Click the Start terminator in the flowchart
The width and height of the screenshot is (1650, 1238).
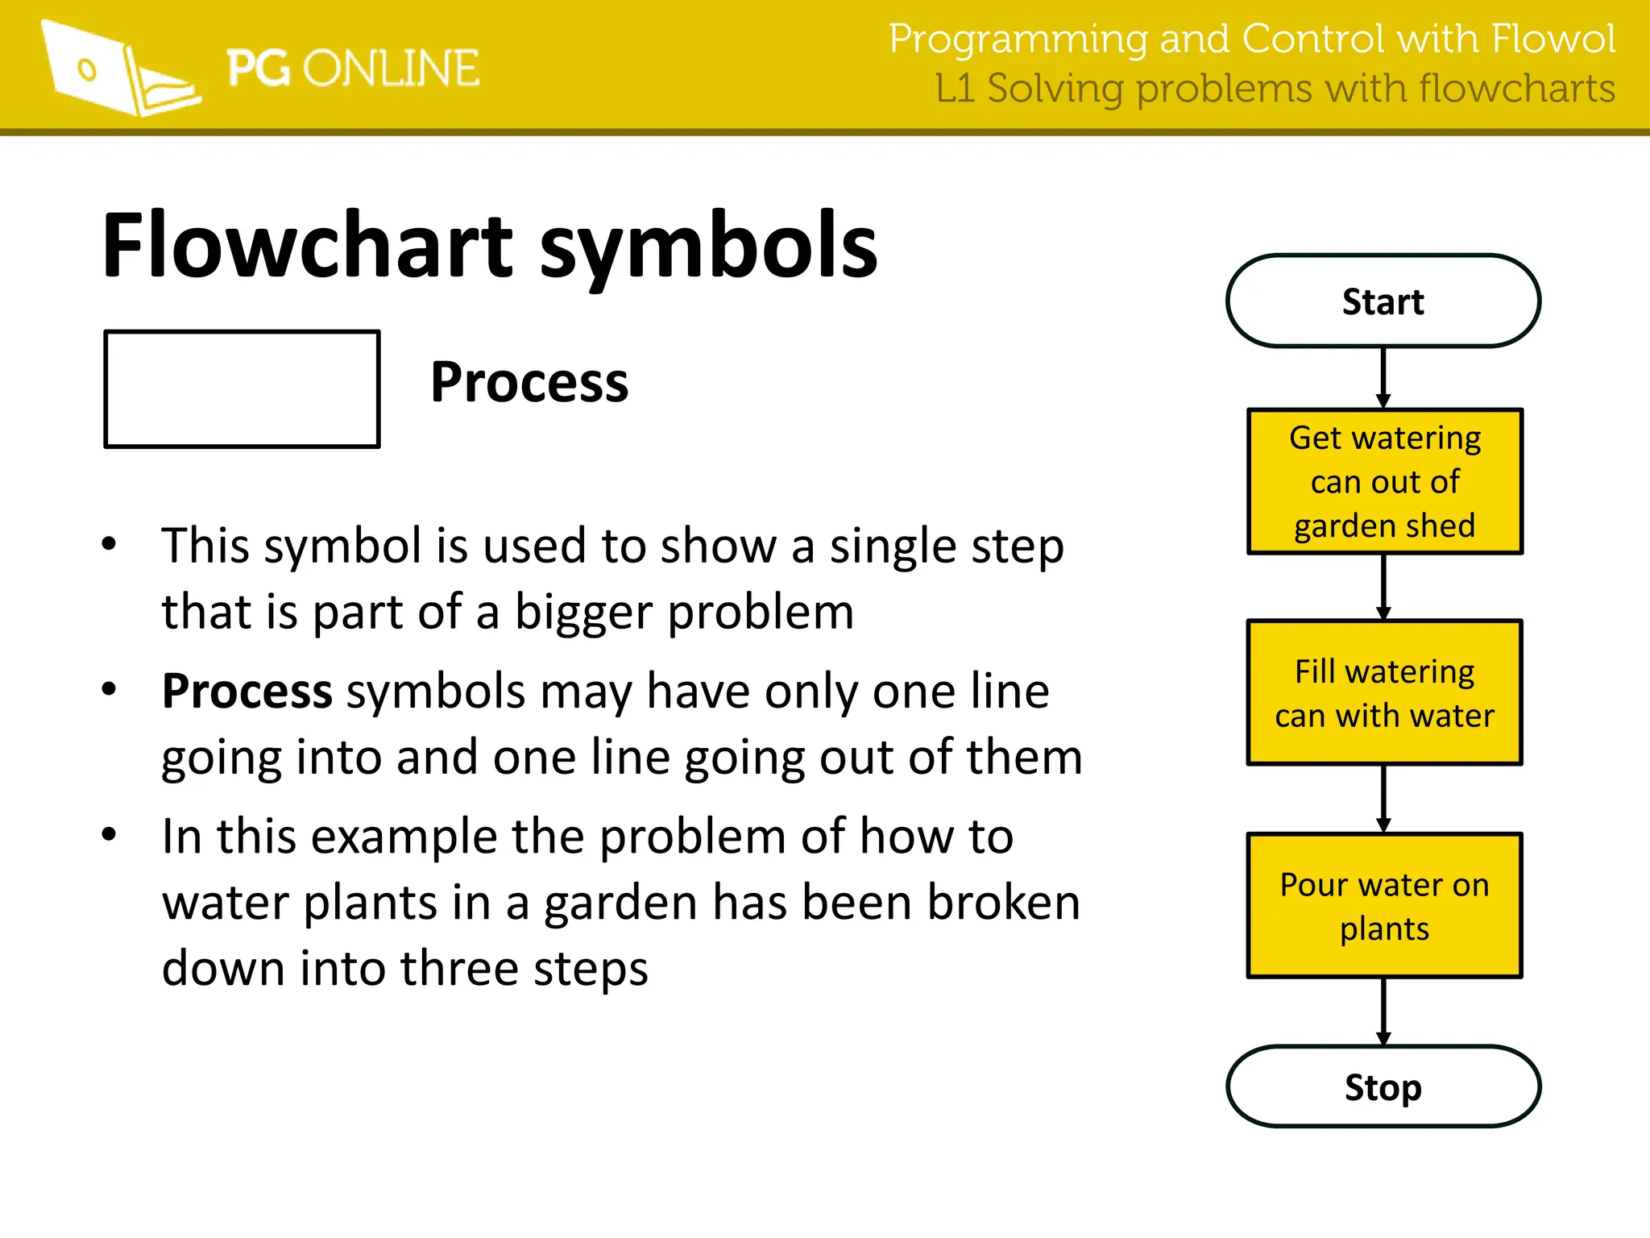(x=1383, y=301)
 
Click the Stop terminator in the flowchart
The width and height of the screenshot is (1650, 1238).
(x=1383, y=1087)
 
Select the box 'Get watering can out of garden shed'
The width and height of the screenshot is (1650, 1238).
(x=1384, y=481)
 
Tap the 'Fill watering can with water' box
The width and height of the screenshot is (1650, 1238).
(x=1384, y=692)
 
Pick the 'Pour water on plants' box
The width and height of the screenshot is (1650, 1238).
(x=1384, y=906)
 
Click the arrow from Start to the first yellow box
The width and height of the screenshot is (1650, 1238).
(x=1383, y=377)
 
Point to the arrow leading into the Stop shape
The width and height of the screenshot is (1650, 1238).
(x=1383, y=1012)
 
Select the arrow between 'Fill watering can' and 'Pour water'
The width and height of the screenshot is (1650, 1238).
(x=1383, y=798)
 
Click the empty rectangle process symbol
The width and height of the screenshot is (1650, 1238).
(x=242, y=388)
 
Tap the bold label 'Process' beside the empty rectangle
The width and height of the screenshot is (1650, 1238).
(x=529, y=382)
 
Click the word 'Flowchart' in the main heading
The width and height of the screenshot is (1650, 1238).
(x=307, y=245)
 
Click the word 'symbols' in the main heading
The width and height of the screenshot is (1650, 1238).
(x=708, y=247)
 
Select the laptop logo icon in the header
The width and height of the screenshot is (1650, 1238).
(x=121, y=69)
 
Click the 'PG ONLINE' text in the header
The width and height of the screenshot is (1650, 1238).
(x=352, y=69)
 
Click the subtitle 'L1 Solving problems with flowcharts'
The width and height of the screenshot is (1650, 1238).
(x=1275, y=89)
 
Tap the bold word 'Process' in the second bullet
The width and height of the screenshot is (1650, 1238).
(x=247, y=692)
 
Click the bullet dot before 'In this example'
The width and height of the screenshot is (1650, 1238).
(x=110, y=834)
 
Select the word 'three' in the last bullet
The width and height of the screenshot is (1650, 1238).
(x=459, y=968)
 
